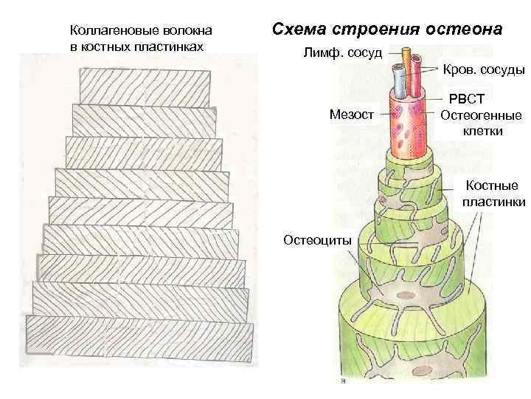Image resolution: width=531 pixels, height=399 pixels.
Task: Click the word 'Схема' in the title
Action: (x=299, y=30)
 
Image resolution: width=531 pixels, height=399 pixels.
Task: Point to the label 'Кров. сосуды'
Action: (x=484, y=70)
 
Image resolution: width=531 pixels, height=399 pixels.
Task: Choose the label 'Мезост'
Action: (x=352, y=114)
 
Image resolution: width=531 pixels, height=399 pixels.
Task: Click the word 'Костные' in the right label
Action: (x=490, y=186)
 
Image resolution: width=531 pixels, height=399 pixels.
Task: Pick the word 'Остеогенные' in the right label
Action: (x=480, y=115)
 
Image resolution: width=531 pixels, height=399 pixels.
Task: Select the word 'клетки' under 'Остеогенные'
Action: (x=483, y=132)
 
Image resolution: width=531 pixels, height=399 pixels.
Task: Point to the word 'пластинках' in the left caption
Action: (x=166, y=46)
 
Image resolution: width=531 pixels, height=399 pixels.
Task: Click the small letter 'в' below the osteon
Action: (x=343, y=382)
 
